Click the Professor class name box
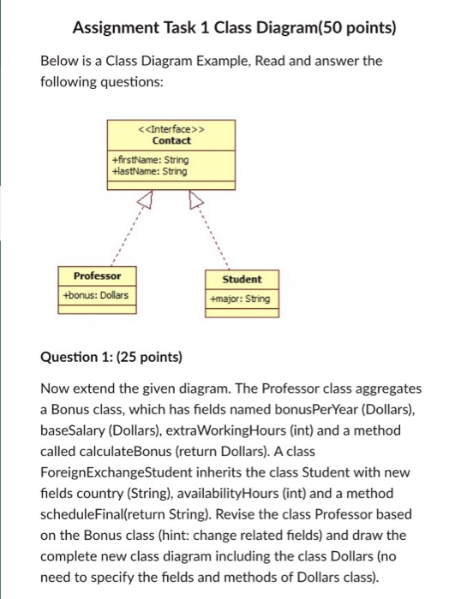pos(97,276)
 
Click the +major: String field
pos(240,299)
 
